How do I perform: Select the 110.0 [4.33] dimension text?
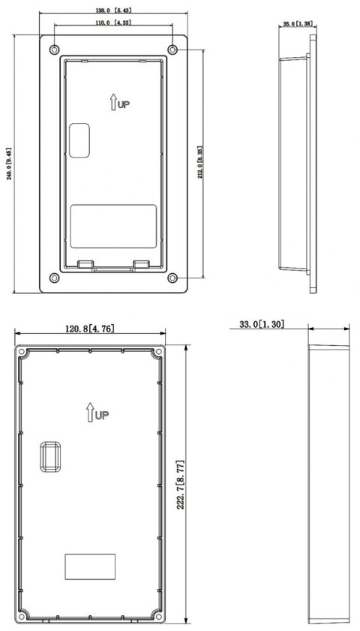coord(113,23)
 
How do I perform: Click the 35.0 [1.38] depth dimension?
coord(297,25)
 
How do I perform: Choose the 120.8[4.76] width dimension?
coord(90,329)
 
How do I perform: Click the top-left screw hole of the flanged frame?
coord(52,49)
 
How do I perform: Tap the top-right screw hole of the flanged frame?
coord(173,49)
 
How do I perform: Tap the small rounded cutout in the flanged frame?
coord(79,140)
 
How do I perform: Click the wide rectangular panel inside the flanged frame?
coord(113,225)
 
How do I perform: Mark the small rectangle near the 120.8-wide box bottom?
coord(90,566)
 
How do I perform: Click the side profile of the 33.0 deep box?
coord(328,483)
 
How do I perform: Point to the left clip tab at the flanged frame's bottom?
coord(85,264)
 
